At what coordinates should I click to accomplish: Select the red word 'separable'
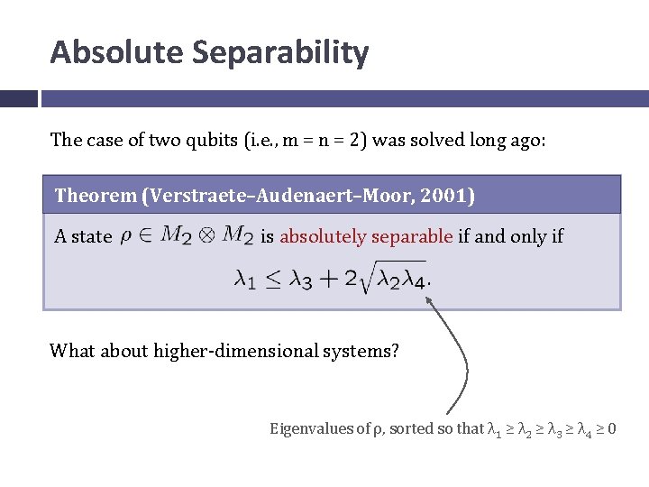pyautogui.click(x=411, y=236)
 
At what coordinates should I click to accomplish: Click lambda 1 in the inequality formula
pyautogui.click(x=243, y=280)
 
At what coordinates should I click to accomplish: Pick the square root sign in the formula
pyautogui.click(x=370, y=278)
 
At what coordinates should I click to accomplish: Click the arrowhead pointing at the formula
pyautogui.click(x=431, y=298)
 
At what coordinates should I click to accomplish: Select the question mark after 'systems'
pyautogui.click(x=395, y=350)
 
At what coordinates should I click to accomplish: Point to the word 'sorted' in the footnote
pyautogui.click(x=409, y=428)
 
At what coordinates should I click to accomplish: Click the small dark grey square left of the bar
pyautogui.click(x=18, y=98)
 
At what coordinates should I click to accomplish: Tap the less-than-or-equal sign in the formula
pyautogui.click(x=275, y=280)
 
